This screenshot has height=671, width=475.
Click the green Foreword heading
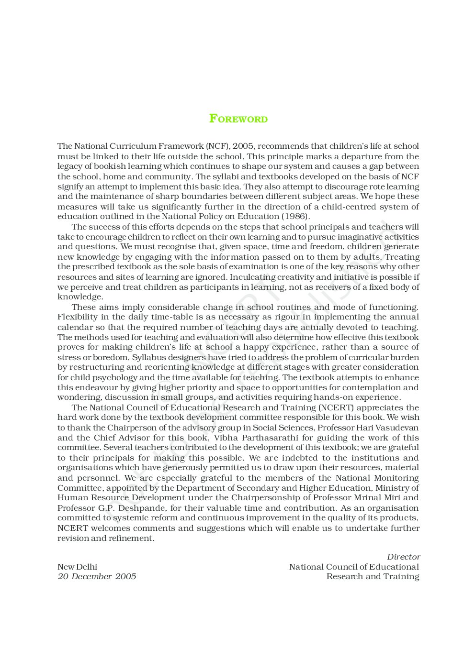click(238, 119)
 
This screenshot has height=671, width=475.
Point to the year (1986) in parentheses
click(295, 216)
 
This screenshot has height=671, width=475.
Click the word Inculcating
click(252, 277)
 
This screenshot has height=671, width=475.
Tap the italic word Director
click(403, 557)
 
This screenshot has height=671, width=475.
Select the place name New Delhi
click(77, 567)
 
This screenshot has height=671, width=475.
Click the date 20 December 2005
click(97, 576)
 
